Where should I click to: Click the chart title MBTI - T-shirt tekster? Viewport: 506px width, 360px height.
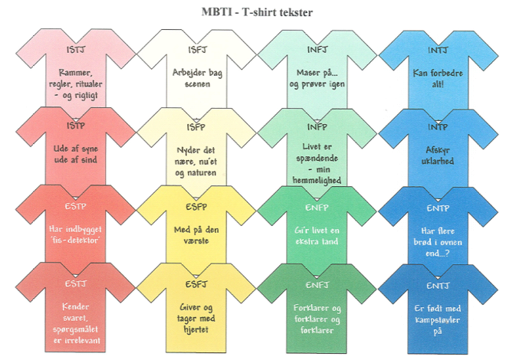click(x=257, y=12)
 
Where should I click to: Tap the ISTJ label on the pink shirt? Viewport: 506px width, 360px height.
click(x=76, y=50)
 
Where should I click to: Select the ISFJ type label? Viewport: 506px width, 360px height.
click(x=197, y=50)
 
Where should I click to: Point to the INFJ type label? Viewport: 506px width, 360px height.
click(x=317, y=50)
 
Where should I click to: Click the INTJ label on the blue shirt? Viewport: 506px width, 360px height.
click(x=438, y=51)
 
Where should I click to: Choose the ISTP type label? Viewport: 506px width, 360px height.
click(x=76, y=126)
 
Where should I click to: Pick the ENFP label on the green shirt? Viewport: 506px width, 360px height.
click(x=317, y=208)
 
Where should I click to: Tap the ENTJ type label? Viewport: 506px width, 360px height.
click(x=438, y=286)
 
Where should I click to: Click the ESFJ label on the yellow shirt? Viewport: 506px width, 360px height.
click(x=196, y=284)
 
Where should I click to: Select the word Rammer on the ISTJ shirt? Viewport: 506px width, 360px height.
click(x=75, y=73)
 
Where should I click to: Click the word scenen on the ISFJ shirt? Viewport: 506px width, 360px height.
click(x=197, y=84)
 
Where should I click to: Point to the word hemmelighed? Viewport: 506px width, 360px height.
click(x=317, y=180)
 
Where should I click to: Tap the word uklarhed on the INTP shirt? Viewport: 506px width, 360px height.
click(x=438, y=161)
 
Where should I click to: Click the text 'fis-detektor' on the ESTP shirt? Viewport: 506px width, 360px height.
click(x=75, y=240)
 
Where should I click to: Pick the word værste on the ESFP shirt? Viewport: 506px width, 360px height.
click(x=196, y=241)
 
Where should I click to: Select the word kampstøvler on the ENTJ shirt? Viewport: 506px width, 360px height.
click(x=438, y=320)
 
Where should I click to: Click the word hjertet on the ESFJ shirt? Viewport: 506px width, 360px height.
click(x=195, y=329)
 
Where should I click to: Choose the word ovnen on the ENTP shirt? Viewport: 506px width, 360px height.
click(x=451, y=242)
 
